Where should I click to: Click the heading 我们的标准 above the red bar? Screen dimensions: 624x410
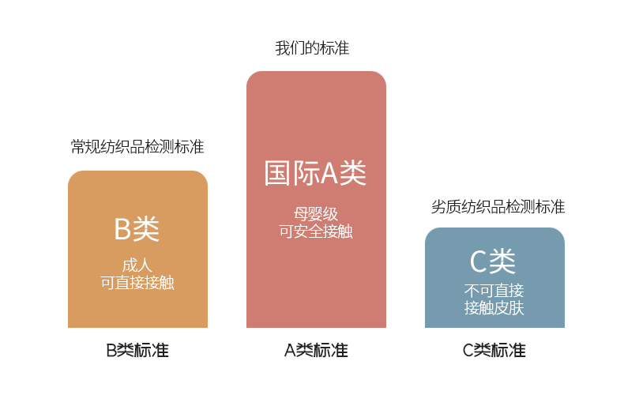tap(312, 48)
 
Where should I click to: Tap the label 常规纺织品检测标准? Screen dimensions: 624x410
tap(137, 147)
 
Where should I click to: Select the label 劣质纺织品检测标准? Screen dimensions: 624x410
tap(498, 207)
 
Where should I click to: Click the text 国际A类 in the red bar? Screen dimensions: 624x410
tap(315, 174)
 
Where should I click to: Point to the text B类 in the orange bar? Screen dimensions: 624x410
tap(137, 229)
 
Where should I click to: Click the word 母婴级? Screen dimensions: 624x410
tap(316, 214)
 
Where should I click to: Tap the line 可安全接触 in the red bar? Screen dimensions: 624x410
tap(316, 231)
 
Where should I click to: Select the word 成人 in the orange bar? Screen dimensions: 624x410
tap(137, 265)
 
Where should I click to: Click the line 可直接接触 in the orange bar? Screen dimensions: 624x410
tap(137, 283)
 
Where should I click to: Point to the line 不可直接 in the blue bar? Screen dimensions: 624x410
tap(494, 290)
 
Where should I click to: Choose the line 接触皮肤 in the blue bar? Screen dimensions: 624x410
tap(494, 307)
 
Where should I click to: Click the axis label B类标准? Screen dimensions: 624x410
tap(137, 351)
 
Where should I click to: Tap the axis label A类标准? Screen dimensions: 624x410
tap(316, 351)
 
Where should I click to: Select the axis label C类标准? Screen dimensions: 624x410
tap(494, 351)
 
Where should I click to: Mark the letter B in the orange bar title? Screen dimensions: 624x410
tap(122, 229)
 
